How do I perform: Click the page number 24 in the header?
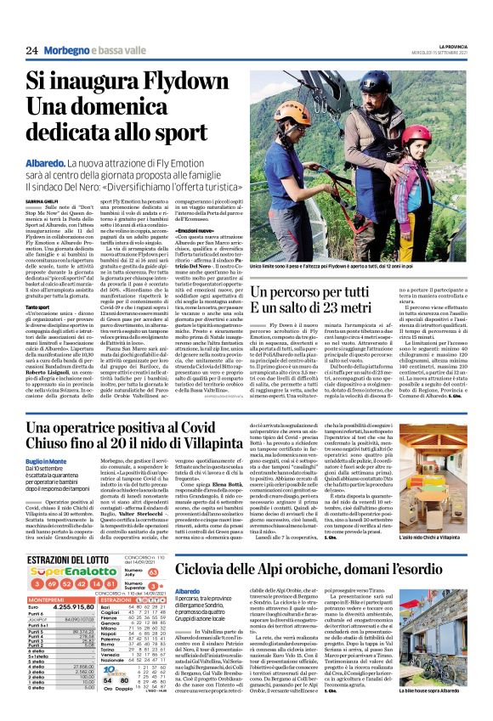click(x=31, y=50)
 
